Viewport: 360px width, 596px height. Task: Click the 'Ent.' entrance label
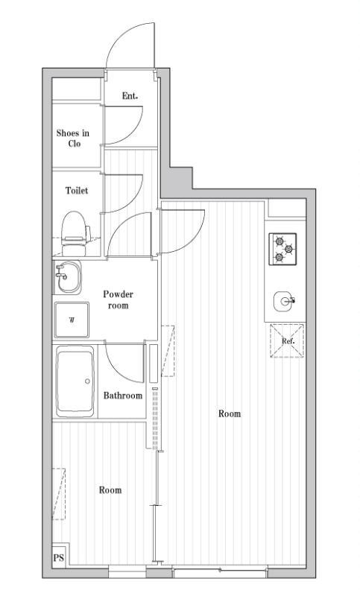pyautogui.click(x=130, y=96)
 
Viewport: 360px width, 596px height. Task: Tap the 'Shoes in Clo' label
pyautogui.click(x=73, y=138)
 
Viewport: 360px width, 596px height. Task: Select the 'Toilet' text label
pyautogui.click(x=77, y=191)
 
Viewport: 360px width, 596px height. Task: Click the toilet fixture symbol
pyautogui.click(x=75, y=233)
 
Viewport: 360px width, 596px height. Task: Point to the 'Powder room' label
pyautogui.click(x=119, y=300)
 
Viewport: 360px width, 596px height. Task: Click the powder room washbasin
pyautogui.click(x=68, y=277)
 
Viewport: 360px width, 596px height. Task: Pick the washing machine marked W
pyautogui.click(x=72, y=320)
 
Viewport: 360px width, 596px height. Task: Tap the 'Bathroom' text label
pyautogui.click(x=123, y=396)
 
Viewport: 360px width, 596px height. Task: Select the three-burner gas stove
pyautogui.click(x=282, y=249)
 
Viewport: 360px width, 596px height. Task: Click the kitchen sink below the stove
pyautogui.click(x=283, y=301)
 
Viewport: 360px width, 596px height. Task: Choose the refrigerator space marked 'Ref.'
pyautogui.click(x=288, y=340)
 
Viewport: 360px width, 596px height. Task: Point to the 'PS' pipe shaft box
pyautogui.click(x=59, y=558)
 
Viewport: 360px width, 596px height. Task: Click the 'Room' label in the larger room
pyautogui.click(x=230, y=413)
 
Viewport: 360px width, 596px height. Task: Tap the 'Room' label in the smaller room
pyautogui.click(x=110, y=490)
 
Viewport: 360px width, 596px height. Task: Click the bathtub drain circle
pyautogui.click(x=87, y=381)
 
